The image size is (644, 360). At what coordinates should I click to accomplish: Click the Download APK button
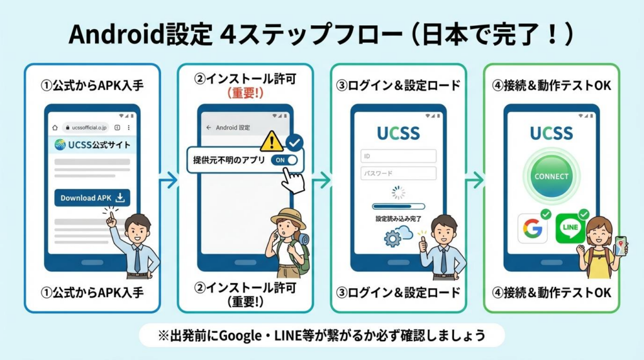[92, 198]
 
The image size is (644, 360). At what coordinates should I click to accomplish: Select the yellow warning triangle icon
[271, 140]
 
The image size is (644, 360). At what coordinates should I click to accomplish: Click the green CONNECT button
[551, 176]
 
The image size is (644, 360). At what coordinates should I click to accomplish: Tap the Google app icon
[532, 228]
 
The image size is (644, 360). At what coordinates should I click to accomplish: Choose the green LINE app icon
[570, 228]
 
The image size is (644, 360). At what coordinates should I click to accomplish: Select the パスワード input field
[398, 173]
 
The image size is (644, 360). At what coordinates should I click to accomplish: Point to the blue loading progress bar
[398, 206]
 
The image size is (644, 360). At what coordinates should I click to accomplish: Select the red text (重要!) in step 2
[245, 93]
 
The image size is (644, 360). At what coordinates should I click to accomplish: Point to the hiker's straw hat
[287, 217]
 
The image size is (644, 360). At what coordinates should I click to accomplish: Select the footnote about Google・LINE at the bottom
[321, 335]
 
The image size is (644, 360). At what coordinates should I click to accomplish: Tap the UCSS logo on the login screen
[398, 133]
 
